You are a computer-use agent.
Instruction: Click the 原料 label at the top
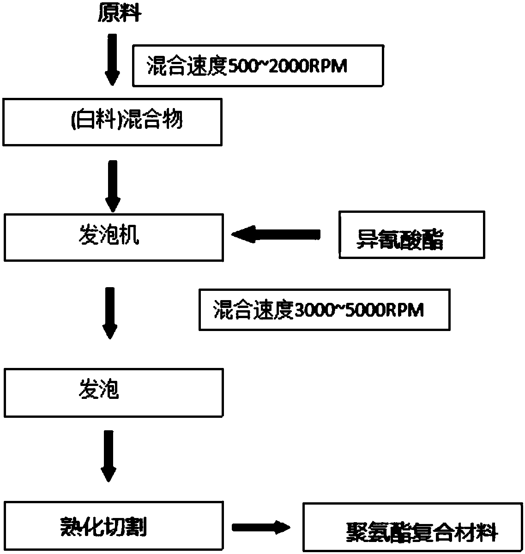coord(119,14)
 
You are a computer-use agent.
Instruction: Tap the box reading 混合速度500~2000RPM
coord(258,66)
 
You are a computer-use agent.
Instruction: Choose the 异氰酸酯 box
coord(411,235)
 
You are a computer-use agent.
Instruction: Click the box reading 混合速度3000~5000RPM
coord(324,310)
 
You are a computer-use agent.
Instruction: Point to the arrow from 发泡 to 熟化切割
coord(109,456)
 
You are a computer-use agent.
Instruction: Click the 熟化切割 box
coord(114,526)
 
